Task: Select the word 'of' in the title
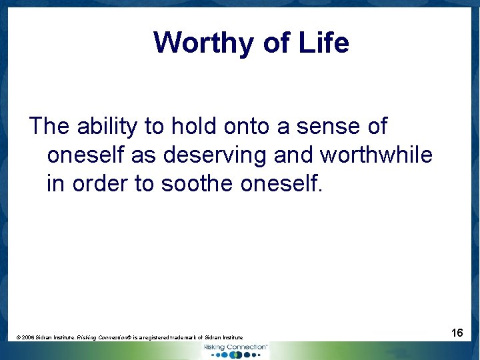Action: pyautogui.click(x=277, y=43)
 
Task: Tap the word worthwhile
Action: pyautogui.click(x=376, y=155)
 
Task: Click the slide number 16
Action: pyautogui.click(x=457, y=332)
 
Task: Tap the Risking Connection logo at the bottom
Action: pyautogui.click(x=235, y=350)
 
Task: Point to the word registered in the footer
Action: pyautogui.click(x=159, y=338)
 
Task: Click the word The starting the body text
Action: pyautogui.click(x=50, y=125)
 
